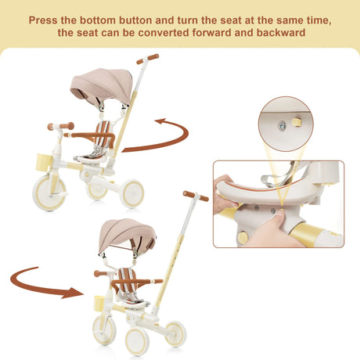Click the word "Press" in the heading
(x=42, y=20)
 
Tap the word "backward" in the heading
(x=281, y=33)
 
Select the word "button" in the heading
(x=135, y=20)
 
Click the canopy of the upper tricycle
(x=102, y=85)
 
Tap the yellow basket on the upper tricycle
(x=44, y=162)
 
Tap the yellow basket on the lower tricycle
(x=99, y=303)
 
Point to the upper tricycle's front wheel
(x=49, y=193)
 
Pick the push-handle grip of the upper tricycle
(x=148, y=59)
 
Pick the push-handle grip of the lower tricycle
(x=196, y=196)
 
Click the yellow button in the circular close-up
(x=296, y=121)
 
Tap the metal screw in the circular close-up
(x=282, y=126)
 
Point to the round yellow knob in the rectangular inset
(x=243, y=238)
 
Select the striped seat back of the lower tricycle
(x=128, y=280)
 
